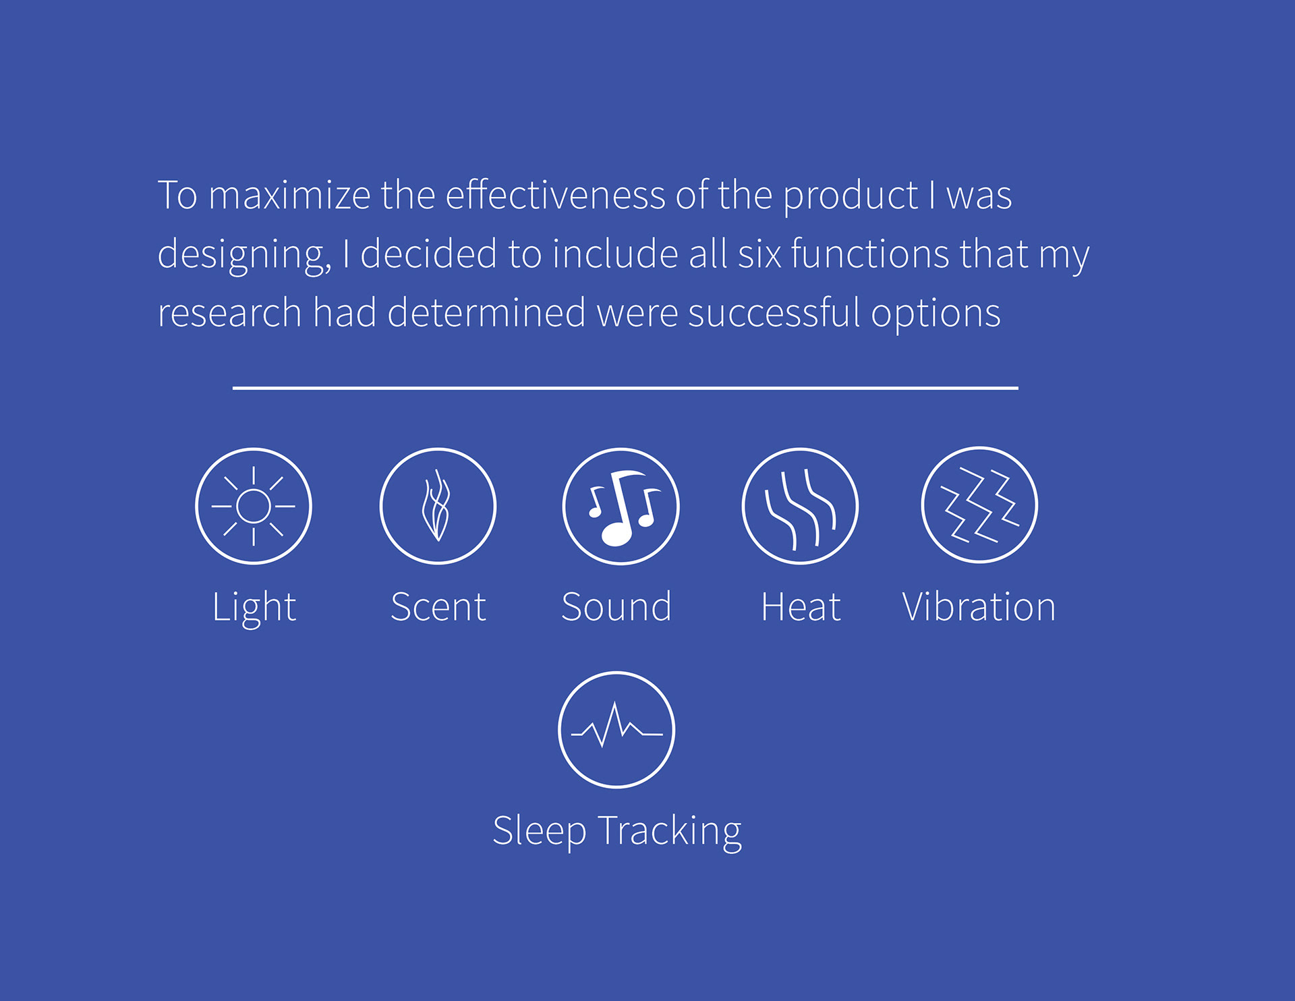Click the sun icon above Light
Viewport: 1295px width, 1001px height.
(254, 506)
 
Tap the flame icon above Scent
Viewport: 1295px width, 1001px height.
(438, 506)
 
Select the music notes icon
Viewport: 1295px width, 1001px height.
(621, 506)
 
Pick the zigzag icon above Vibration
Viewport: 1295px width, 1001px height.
(979, 505)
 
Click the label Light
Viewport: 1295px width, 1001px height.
(254, 607)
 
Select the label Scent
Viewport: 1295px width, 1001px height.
(438, 606)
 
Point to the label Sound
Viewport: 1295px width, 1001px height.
(616, 606)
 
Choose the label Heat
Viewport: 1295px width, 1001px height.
(801, 606)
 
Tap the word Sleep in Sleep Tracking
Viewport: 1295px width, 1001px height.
(539, 832)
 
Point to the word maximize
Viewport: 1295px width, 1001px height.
(289, 195)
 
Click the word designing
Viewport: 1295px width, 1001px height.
(244, 255)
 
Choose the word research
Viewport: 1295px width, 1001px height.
(229, 313)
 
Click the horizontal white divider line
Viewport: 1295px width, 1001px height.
(625, 388)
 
